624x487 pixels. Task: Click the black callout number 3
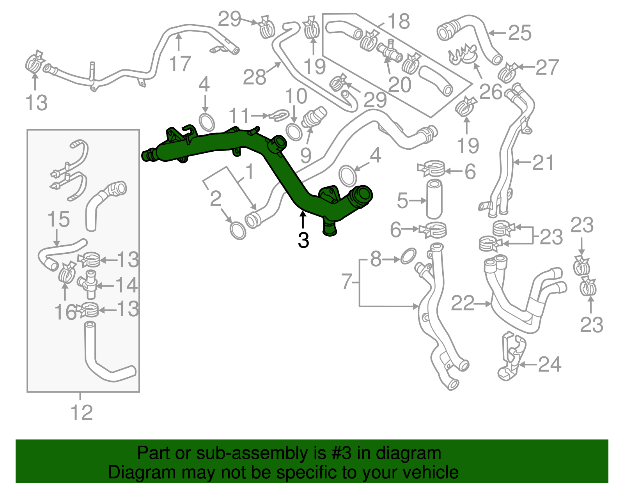[x=303, y=240]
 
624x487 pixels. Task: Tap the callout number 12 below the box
[x=82, y=413]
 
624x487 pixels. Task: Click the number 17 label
[x=180, y=64]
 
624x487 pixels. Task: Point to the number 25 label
[x=520, y=33]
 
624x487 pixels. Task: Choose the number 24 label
[x=550, y=365]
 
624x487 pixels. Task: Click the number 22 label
[x=463, y=303]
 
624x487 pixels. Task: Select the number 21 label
[x=543, y=163]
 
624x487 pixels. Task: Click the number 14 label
[x=126, y=285]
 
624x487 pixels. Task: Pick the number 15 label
[x=58, y=220]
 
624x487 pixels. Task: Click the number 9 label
[x=306, y=155]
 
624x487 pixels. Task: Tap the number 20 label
[x=400, y=85]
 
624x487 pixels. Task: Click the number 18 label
[x=399, y=21]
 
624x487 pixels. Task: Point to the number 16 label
[x=65, y=312]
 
